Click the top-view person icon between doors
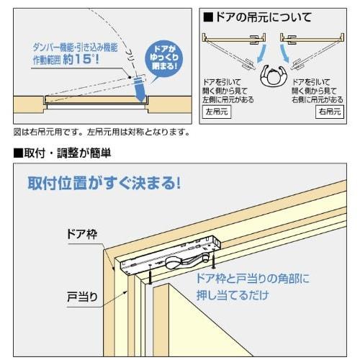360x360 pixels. (x=271, y=77)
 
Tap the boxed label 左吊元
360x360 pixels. (x=215, y=112)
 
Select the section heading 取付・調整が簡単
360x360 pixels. (x=61, y=153)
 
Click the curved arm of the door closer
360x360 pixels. (x=180, y=264)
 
